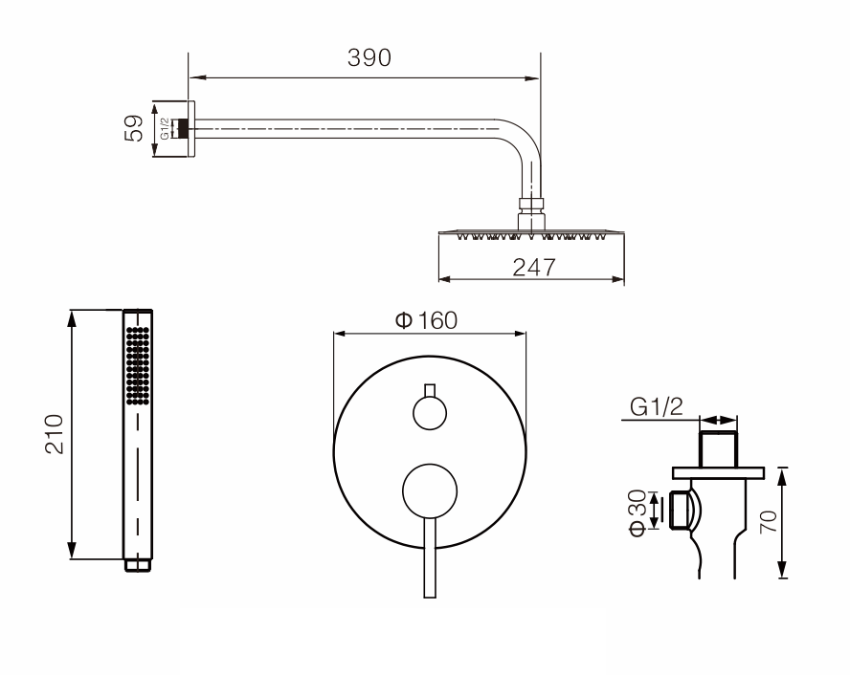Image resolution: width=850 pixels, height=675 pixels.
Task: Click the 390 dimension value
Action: click(369, 57)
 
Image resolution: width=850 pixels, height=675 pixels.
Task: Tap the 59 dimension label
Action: click(134, 128)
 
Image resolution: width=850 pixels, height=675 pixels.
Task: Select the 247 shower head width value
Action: click(534, 268)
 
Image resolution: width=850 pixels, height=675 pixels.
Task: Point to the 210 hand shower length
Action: click(55, 433)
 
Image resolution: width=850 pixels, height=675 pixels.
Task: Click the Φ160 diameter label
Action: click(427, 320)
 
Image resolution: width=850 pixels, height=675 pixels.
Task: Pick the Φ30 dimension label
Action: click(637, 512)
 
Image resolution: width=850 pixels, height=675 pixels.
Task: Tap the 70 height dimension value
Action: click(768, 522)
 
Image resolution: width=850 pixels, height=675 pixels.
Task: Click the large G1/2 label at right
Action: click(657, 406)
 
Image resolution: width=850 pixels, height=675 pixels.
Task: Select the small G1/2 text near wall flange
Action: click(165, 129)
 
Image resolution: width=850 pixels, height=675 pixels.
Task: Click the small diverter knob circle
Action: click(430, 413)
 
